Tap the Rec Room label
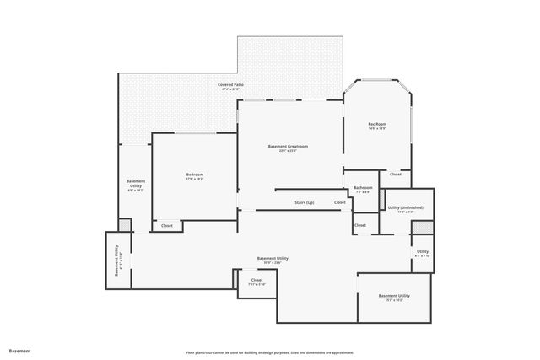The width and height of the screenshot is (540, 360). click(376, 126)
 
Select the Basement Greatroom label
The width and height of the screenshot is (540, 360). click(288, 148)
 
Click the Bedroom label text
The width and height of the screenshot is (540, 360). click(194, 176)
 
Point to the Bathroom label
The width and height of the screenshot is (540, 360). click(363, 189)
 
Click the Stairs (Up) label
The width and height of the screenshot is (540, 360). click(304, 203)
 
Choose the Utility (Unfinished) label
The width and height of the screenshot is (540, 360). click(405, 208)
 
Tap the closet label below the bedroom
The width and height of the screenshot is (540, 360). click(167, 225)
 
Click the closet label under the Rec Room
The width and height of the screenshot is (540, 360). click(395, 174)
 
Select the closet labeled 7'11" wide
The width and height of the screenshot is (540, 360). click(256, 282)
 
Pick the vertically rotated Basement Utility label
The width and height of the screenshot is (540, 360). click(118, 260)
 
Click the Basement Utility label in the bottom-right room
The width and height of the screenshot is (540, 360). click(394, 297)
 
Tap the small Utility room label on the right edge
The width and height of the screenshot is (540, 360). click(422, 253)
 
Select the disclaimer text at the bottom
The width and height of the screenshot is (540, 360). click(269, 352)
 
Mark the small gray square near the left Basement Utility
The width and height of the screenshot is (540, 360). click(124, 224)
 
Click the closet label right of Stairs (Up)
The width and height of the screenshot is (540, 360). click(339, 203)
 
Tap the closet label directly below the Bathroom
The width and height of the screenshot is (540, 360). click(360, 225)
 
